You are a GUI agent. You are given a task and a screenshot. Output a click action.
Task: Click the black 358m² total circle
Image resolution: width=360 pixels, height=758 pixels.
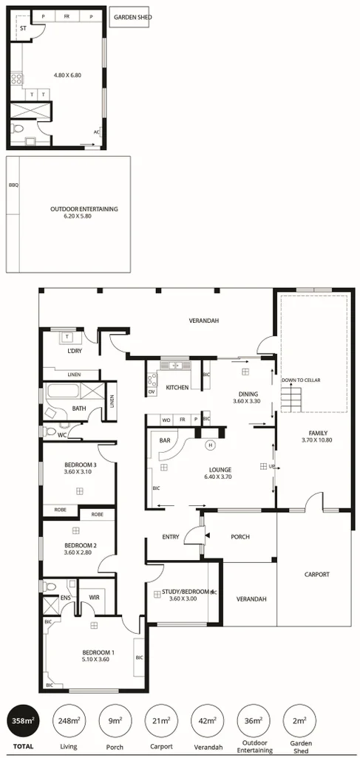click(22, 720)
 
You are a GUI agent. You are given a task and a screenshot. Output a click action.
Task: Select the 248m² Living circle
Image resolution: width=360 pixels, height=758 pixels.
click(68, 720)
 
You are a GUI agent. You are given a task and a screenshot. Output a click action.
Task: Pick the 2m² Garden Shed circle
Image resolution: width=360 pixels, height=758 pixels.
click(299, 720)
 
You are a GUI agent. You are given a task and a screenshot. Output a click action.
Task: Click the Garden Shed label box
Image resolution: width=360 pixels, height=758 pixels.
click(131, 17)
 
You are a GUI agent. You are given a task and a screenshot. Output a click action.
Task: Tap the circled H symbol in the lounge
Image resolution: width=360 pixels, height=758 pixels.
click(210, 445)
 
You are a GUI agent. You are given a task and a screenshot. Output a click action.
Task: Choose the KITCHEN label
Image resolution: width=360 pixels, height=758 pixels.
click(177, 388)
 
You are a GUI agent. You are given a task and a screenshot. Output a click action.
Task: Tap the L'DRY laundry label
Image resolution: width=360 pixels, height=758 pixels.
click(75, 350)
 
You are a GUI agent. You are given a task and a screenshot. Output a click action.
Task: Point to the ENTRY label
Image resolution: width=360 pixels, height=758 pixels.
click(171, 537)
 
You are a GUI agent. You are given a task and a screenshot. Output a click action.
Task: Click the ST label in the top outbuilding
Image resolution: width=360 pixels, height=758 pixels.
click(23, 29)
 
